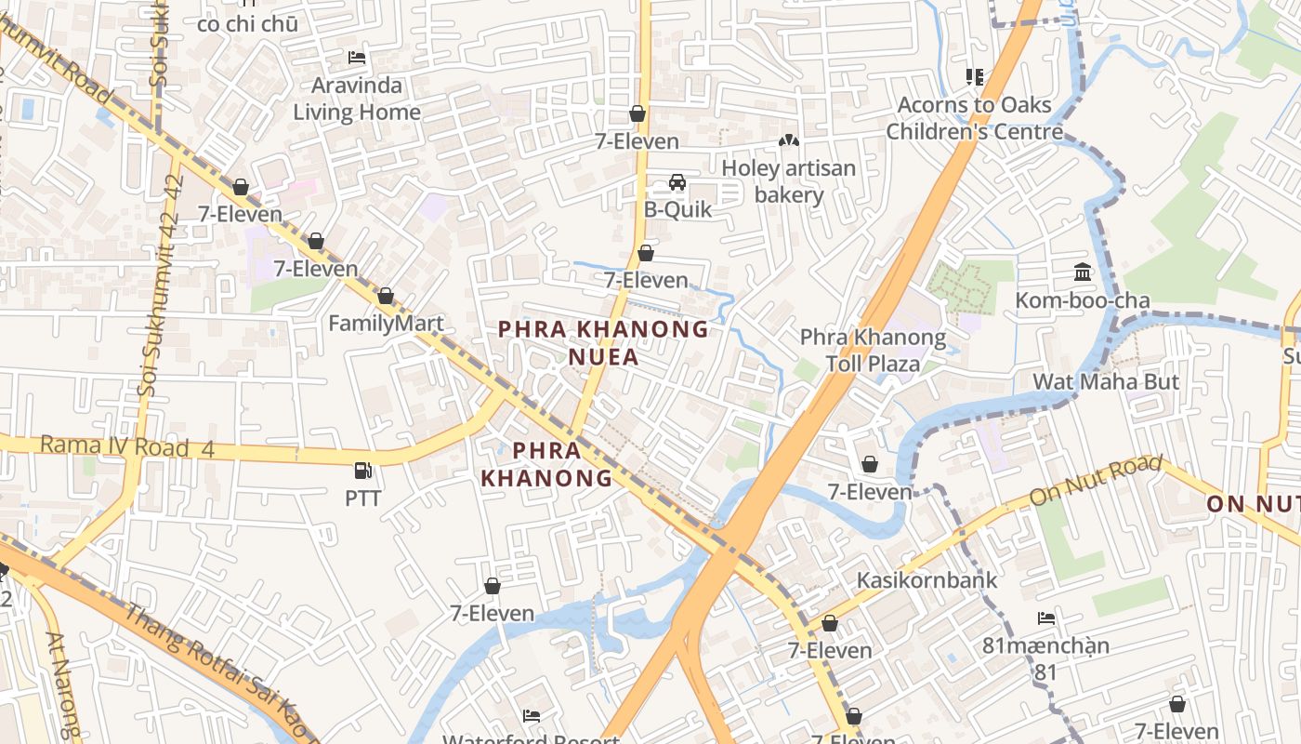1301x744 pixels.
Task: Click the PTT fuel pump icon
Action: [363, 472]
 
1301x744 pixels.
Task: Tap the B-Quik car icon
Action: [677, 182]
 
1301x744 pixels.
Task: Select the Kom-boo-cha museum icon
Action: [1083, 272]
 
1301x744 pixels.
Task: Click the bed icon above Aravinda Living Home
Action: [357, 58]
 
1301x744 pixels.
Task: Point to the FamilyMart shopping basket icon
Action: [386, 297]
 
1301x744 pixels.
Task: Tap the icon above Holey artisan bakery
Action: [789, 141]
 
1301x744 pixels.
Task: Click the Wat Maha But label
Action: [1106, 381]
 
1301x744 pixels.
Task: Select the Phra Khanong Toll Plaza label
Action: [873, 350]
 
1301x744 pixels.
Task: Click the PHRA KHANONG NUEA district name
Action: [603, 342]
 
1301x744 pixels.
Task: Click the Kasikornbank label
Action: [926, 580]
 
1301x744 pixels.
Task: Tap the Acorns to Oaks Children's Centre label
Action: [974, 118]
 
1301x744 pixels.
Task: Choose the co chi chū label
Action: [247, 24]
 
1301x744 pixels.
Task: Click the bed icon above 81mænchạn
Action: [1046, 618]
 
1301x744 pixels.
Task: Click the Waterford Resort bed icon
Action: [532, 715]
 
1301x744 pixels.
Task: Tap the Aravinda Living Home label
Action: [357, 99]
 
